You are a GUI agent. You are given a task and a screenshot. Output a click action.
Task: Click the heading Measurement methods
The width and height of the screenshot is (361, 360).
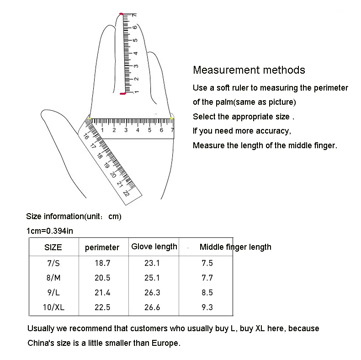click(x=249, y=70)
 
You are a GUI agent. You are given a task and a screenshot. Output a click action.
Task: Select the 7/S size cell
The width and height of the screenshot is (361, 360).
click(x=53, y=263)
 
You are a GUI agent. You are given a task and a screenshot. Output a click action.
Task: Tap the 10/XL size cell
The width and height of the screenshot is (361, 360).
click(x=53, y=307)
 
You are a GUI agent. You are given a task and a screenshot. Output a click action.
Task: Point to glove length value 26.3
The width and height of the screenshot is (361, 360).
click(x=152, y=293)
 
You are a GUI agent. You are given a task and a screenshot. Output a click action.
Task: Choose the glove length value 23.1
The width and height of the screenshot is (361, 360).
click(x=152, y=263)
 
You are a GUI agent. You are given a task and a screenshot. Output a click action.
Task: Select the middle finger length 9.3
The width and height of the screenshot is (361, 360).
click(x=207, y=307)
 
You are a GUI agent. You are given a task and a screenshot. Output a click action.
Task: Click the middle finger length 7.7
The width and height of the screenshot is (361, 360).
click(x=207, y=278)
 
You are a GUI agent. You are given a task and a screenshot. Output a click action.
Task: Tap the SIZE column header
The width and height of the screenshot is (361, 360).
click(x=53, y=247)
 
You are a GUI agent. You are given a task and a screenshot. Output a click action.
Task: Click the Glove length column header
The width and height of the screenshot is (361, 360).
click(x=154, y=247)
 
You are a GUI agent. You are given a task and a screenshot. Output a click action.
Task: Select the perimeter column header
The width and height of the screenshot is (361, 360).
click(x=102, y=247)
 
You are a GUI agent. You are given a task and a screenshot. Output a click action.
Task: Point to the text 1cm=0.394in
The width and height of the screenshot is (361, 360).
click(x=50, y=231)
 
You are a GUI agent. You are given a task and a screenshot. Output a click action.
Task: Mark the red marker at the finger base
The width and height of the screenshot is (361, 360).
click(x=122, y=94)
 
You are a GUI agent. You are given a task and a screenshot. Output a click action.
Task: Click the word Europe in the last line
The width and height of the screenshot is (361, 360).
click(x=165, y=343)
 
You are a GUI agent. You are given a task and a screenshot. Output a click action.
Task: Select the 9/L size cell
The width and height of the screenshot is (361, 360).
click(x=53, y=293)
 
